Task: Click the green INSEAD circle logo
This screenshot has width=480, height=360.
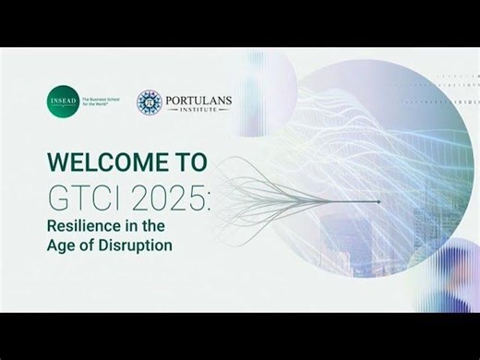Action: click(64, 102)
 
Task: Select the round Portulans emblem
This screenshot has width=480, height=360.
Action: click(150, 102)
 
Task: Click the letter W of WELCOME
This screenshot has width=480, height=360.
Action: click(58, 162)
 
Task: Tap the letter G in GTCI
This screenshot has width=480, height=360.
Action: click(58, 196)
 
